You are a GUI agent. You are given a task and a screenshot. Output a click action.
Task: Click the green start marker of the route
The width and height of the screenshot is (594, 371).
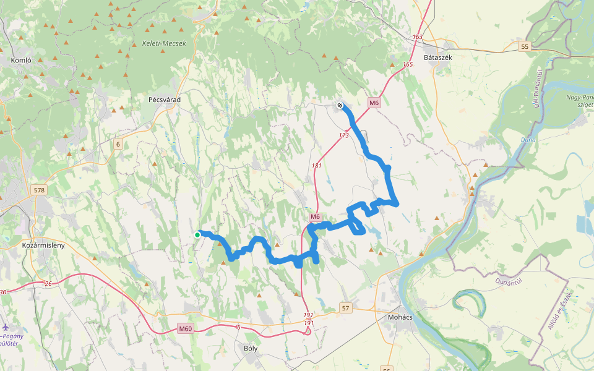pos(197,234)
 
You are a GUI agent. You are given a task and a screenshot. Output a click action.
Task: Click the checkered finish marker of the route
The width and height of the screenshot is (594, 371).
pos(340,105)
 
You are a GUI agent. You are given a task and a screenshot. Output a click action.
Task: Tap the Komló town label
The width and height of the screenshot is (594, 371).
pos(21,61)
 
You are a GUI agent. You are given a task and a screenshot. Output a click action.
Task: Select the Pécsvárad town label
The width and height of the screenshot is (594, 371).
pos(163,99)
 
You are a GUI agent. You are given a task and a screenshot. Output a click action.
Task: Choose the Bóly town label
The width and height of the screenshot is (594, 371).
pos(251,348)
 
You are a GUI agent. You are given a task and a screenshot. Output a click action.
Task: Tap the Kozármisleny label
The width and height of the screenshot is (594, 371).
pos(43,245)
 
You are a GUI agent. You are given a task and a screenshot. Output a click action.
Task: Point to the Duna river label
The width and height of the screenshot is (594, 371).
pos(528,140)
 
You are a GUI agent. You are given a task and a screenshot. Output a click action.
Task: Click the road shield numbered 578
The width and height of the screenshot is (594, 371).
pos(40,190)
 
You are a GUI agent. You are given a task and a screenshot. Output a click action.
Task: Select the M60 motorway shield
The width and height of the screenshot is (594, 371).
pos(185,329)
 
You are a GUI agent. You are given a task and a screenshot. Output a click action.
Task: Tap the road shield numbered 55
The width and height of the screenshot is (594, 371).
pos(525,47)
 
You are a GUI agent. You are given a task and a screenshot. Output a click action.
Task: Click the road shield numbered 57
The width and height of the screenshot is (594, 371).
pos(345,308)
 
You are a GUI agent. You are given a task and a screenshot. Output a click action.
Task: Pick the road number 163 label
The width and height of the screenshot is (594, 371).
pos(418,37)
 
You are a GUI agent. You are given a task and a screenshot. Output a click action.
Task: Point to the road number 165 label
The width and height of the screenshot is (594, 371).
pos(407,64)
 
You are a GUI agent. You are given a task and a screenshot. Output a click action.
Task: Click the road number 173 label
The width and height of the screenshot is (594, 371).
pos(344,135)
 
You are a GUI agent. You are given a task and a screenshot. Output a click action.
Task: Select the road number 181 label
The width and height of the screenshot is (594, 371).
pos(317,166)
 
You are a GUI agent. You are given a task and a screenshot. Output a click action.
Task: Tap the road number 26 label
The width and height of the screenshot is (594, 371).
pos(48,284)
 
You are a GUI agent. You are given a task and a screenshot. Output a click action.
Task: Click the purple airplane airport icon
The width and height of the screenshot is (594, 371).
pos(6,326)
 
